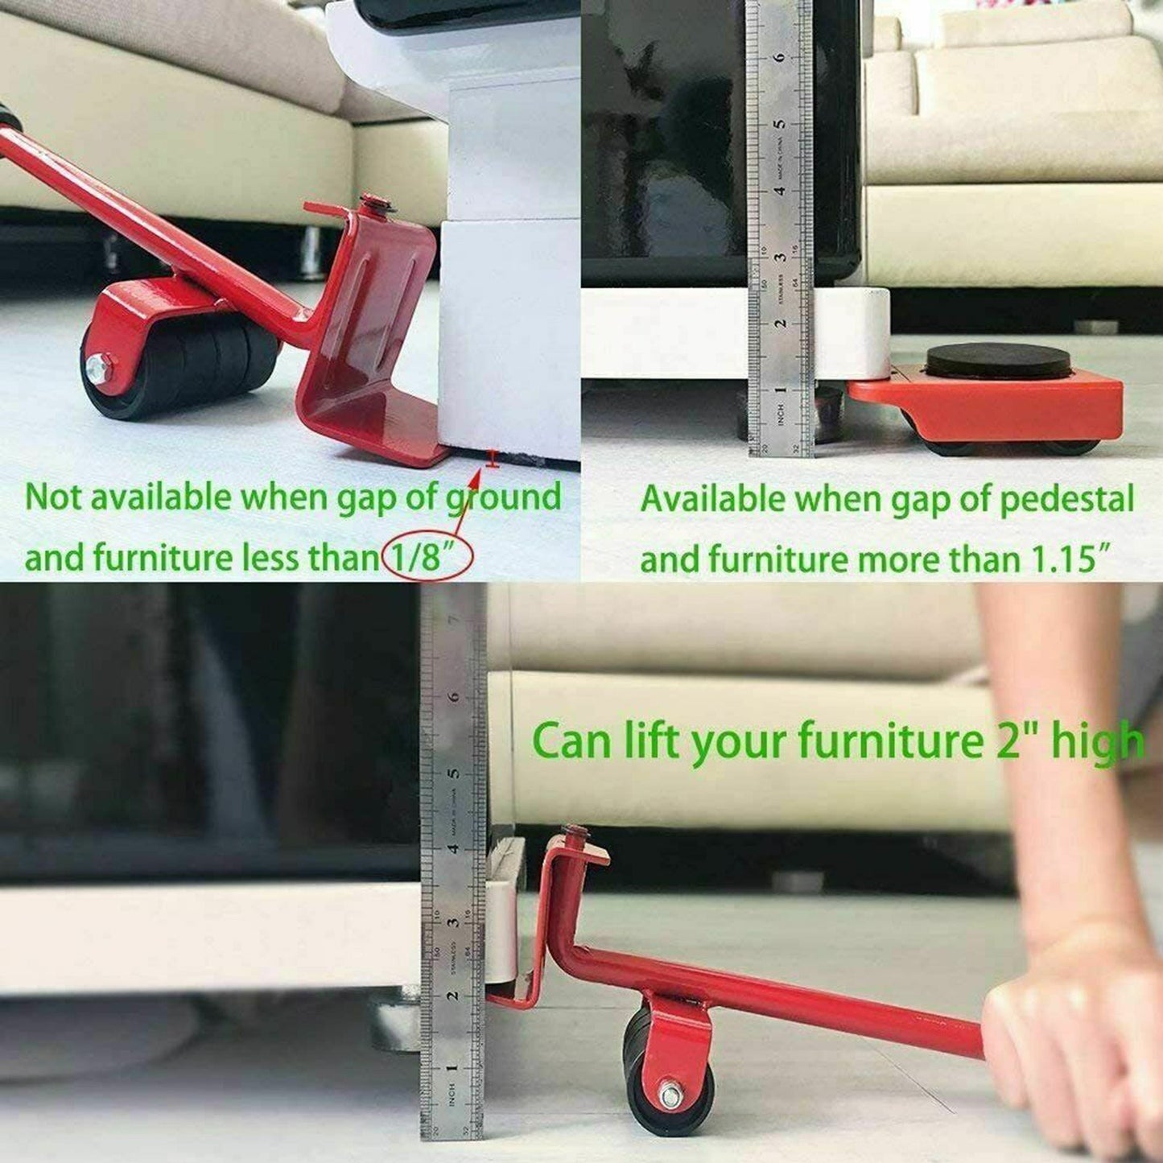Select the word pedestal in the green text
point(1066,500)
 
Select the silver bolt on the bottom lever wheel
point(670,1095)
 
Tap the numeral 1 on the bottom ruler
point(452,1069)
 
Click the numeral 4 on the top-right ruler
point(778,191)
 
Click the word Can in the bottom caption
point(571,741)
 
